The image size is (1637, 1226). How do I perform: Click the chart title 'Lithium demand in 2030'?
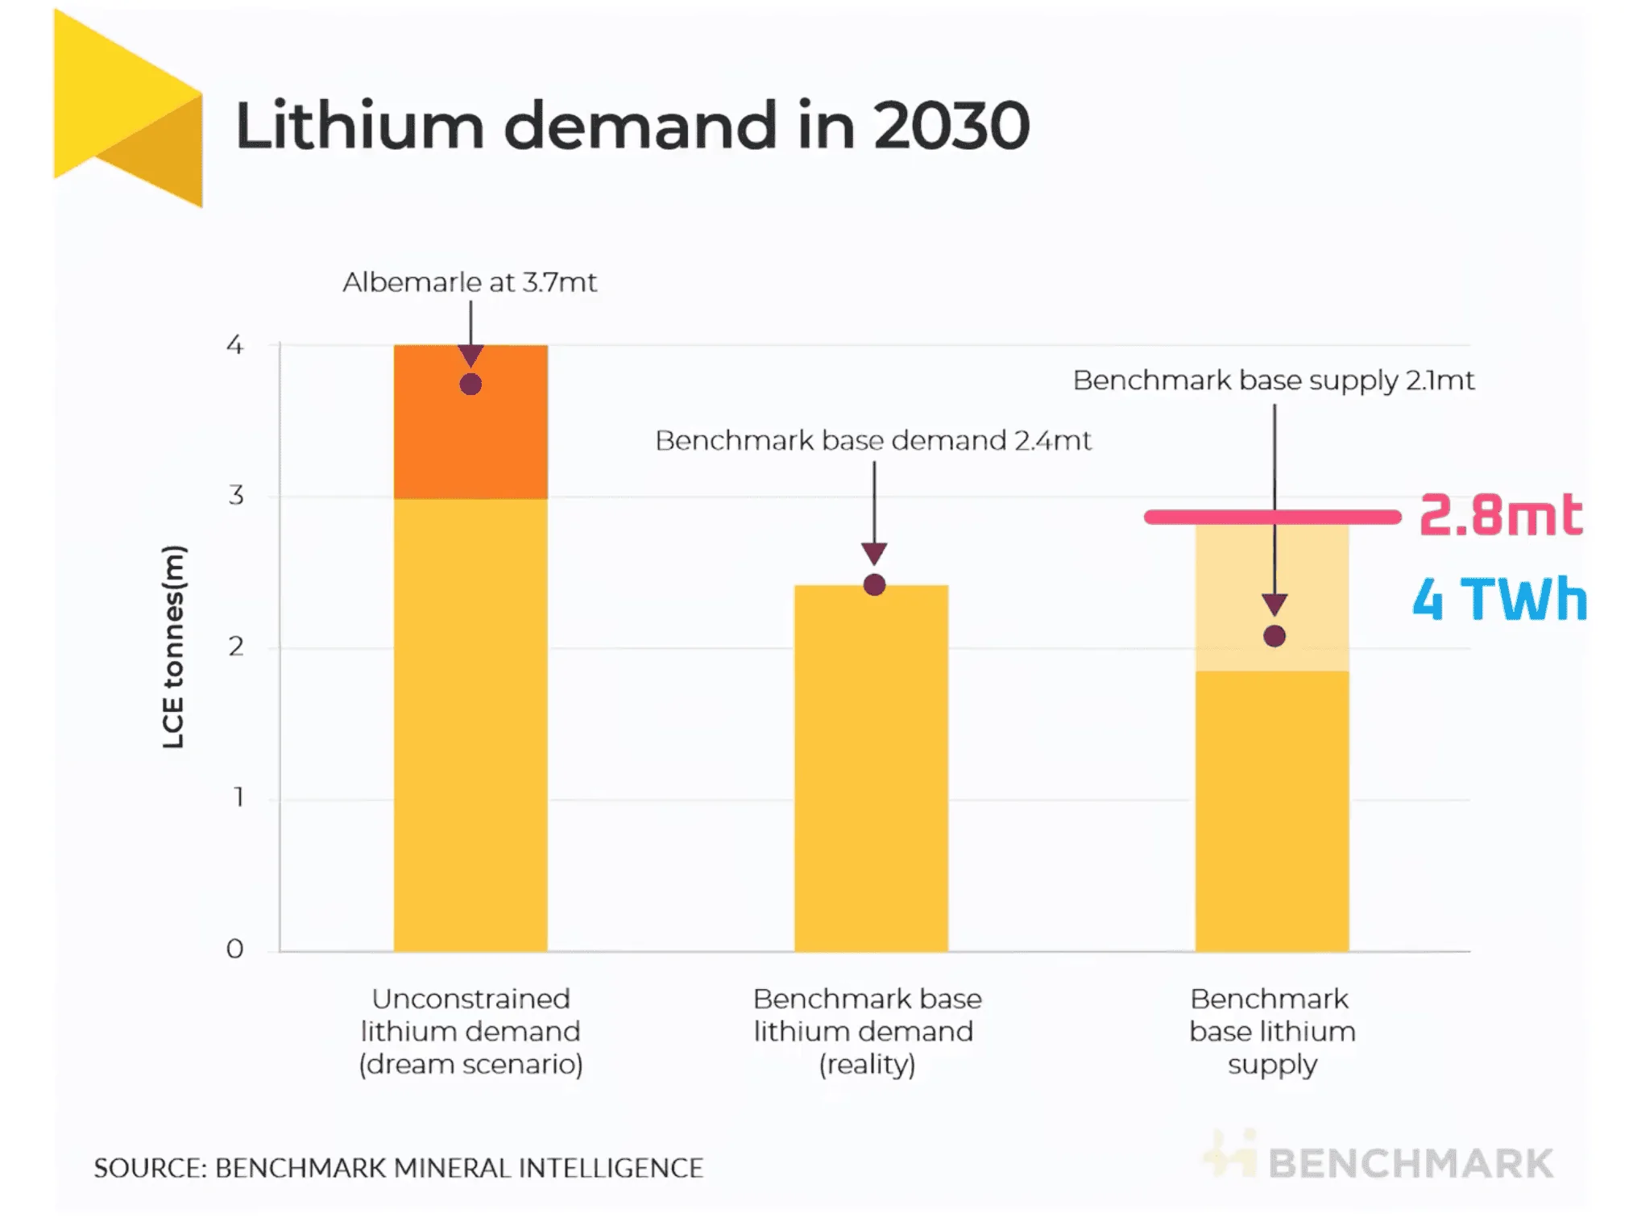click(632, 126)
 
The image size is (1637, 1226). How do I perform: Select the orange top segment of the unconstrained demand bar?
click(470, 439)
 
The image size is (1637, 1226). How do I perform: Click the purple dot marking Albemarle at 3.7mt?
click(470, 384)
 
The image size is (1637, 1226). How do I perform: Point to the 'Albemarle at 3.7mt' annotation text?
click(470, 282)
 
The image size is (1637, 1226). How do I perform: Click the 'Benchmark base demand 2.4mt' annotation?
click(873, 441)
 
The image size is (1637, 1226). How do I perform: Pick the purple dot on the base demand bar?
click(874, 584)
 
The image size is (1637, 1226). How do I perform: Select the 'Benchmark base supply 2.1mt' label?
click(1274, 380)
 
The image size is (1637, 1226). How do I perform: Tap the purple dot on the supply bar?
click(1274, 636)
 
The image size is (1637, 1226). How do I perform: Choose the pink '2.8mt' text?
click(1501, 515)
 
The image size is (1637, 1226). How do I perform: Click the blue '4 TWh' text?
click(1500, 599)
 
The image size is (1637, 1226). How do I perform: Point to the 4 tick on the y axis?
click(234, 345)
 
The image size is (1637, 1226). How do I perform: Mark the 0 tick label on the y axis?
click(234, 949)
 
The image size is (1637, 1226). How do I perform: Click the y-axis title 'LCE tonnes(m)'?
click(173, 646)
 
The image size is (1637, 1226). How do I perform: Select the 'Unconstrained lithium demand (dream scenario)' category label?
click(470, 1031)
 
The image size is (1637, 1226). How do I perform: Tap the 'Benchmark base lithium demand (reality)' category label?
click(867, 1031)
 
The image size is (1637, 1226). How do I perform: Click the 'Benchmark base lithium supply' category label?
click(1272, 1031)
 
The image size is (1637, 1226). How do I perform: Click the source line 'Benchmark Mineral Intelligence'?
click(399, 1168)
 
